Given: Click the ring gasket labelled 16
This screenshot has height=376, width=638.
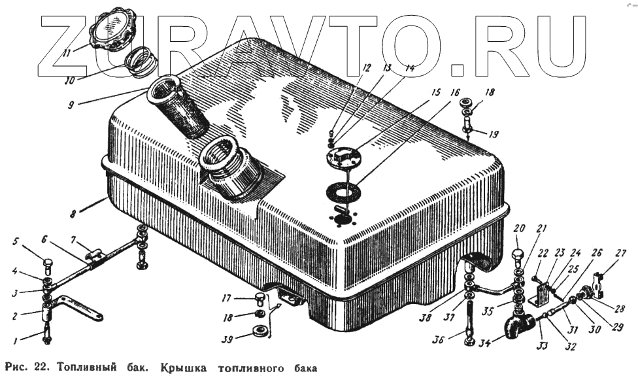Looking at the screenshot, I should point(345,194).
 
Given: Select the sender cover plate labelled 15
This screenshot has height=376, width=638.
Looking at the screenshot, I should point(344,158).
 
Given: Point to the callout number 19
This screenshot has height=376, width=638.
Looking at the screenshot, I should point(492,134).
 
